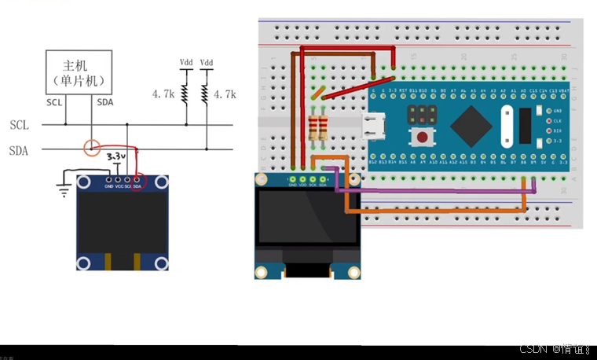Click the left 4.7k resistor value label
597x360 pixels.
163,94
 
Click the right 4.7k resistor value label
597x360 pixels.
225,94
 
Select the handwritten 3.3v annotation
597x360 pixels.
116,157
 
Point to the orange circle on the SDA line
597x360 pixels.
93,146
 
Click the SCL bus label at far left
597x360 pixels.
20,125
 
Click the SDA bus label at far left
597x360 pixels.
20,151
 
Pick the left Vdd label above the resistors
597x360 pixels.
186,62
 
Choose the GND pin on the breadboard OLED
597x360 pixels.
292,180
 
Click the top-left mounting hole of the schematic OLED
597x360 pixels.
82,183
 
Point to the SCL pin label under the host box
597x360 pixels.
54,102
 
